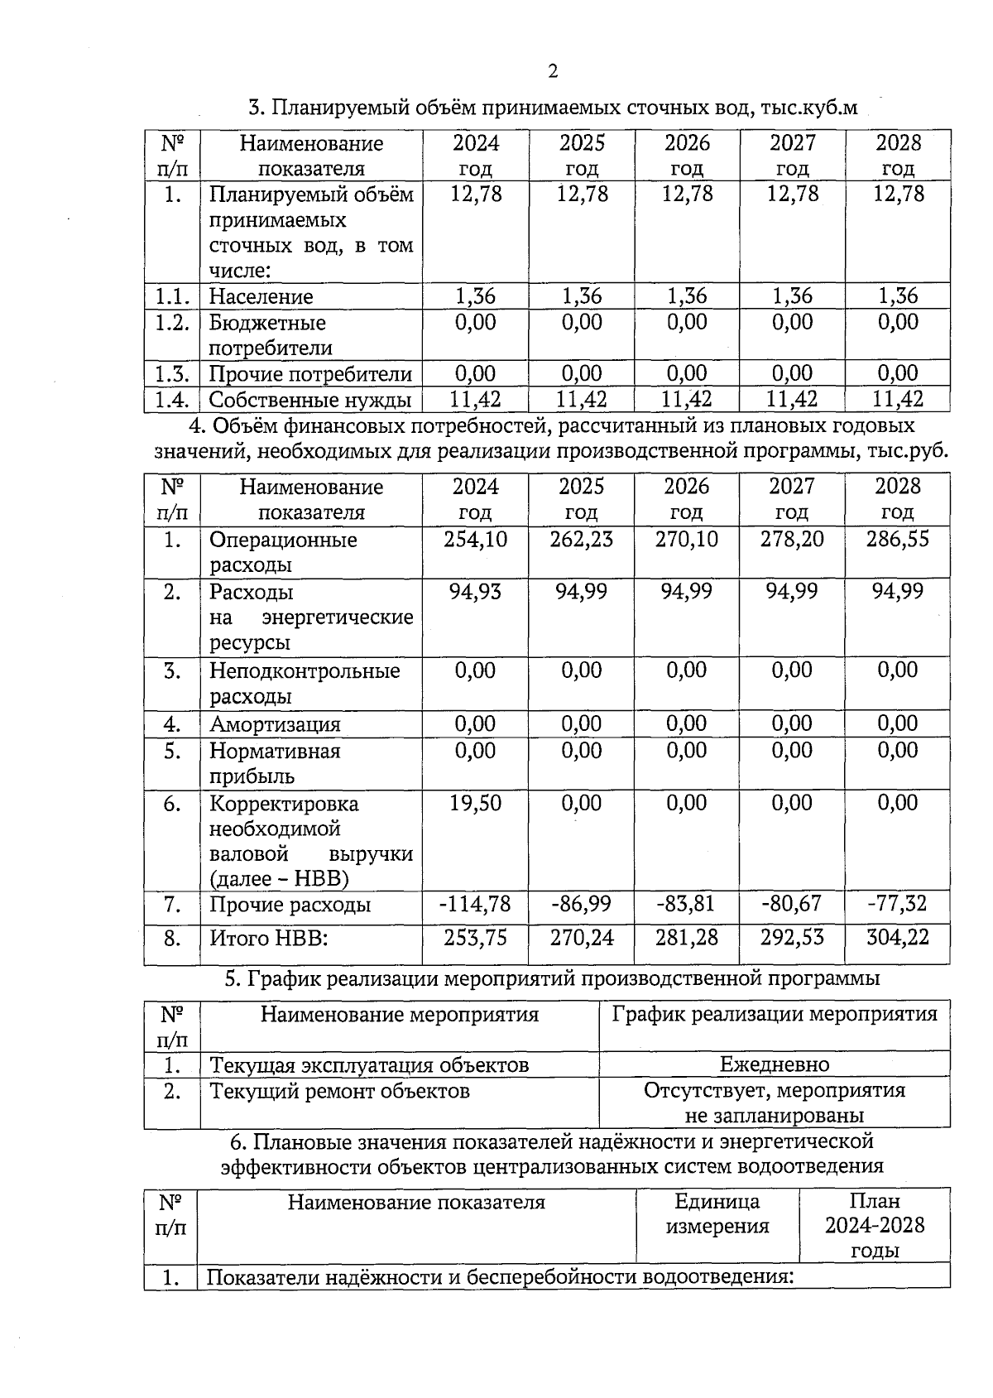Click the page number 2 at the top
pyautogui.click(x=553, y=71)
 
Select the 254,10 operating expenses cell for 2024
pyautogui.click(x=475, y=540)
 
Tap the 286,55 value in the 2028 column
pyautogui.click(x=898, y=540)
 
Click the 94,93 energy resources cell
pyautogui.click(x=475, y=592)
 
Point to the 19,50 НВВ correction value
pyautogui.click(x=475, y=803)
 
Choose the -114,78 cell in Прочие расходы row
pyautogui.click(x=475, y=904)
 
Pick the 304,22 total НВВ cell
pyautogui.click(x=898, y=938)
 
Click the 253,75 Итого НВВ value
pyautogui.click(x=475, y=938)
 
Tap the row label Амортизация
pyautogui.click(x=275, y=725)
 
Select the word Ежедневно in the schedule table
pyautogui.click(x=775, y=1064)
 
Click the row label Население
pyautogui.click(x=261, y=296)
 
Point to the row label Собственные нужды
pyautogui.click(x=309, y=401)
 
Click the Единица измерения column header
pyautogui.click(x=717, y=1213)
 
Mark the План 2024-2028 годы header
pyautogui.click(x=875, y=1225)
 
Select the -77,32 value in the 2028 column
pyautogui.click(x=898, y=904)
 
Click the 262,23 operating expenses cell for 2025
pyautogui.click(x=582, y=540)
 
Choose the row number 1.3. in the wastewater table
pyautogui.click(x=172, y=374)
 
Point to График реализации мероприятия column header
pyautogui.click(x=775, y=1015)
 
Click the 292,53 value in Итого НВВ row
pyautogui.click(x=792, y=938)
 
